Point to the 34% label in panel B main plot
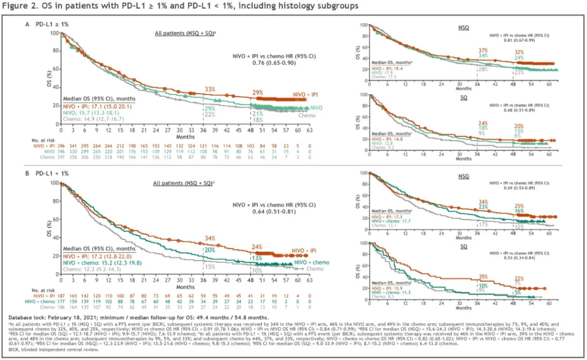pyautogui.click(x=210, y=238)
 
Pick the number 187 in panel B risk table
pyautogui.click(x=61, y=295)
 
